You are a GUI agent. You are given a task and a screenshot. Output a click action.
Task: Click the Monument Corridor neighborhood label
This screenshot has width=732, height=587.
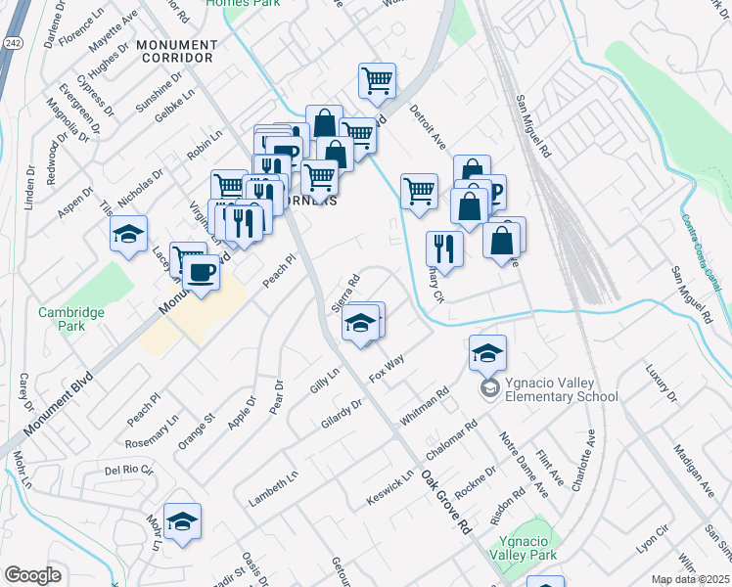pyautogui.click(x=176, y=52)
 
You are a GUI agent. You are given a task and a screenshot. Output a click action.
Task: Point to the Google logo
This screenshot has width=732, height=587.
pyautogui.click(x=32, y=575)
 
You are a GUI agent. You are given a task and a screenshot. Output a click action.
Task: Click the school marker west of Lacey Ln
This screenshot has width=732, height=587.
pyautogui.click(x=128, y=235)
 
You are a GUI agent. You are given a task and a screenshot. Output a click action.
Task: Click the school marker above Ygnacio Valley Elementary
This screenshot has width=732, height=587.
pyautogui.click(x=487, y=353)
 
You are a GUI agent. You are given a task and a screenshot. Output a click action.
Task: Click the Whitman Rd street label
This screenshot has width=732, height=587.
pyautogui.click(x=423, y=406)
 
